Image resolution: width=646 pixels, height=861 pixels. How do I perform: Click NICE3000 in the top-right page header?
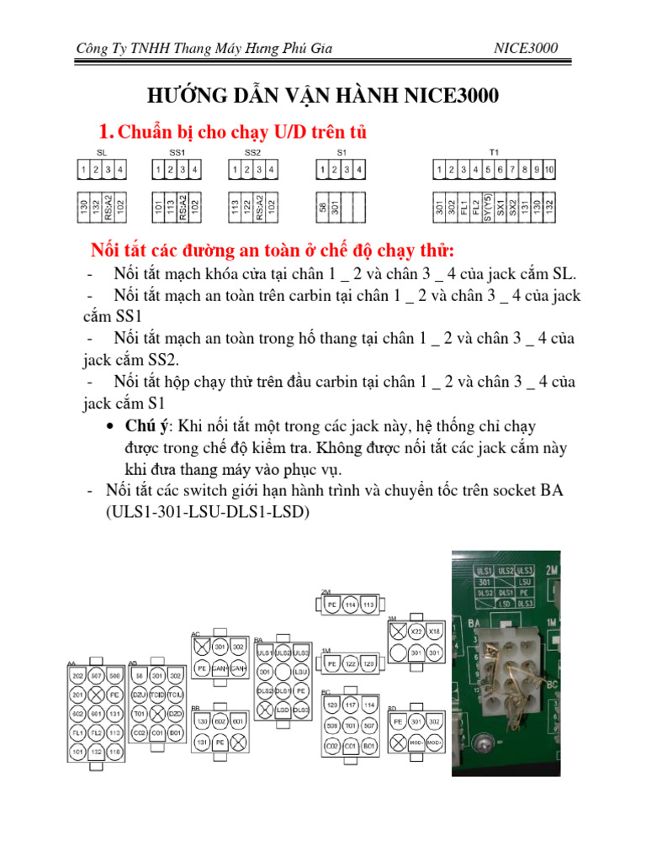526,48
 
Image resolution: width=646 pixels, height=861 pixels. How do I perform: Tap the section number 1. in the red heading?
106,132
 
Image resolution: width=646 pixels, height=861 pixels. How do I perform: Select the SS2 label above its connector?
252,153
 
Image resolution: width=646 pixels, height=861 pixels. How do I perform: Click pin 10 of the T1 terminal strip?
548,171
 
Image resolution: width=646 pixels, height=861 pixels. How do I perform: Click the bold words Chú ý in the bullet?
144,426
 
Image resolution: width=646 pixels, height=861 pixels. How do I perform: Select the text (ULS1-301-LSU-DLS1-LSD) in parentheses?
207,510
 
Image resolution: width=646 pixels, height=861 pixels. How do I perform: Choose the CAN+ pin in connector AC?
220,668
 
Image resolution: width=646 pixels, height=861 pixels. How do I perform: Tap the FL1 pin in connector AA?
77,732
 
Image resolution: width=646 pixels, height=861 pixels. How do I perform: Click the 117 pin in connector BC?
350,705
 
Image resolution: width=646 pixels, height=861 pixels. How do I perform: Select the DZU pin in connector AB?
140,695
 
